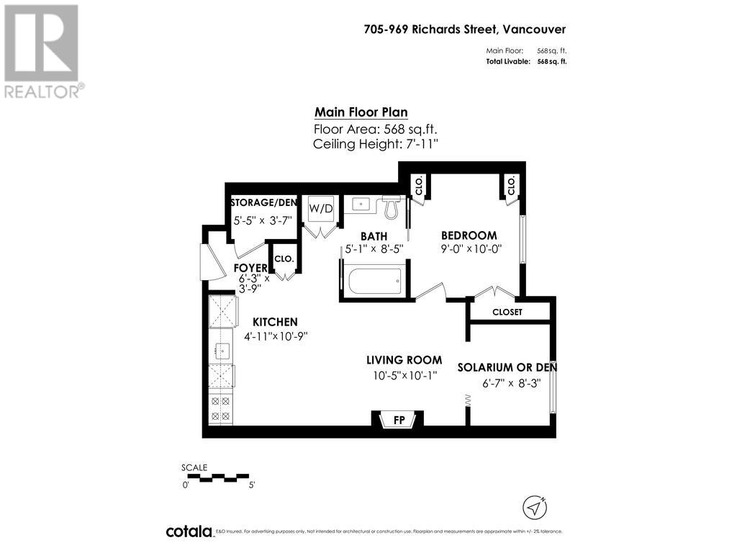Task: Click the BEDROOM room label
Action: [x=469, y=235]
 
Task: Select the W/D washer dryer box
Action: [x=321, y=209]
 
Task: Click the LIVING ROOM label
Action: [x=404, y=360]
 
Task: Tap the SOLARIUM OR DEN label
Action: [x=507, y=367]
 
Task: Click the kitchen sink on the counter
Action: [x=222, y=351]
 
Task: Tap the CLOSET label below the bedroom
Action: [x=507, y=313]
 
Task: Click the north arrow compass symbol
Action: [x=534, y=507]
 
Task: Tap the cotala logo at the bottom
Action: [x=189, y=531]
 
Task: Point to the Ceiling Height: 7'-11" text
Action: [x=376, y=144]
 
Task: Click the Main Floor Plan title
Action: [x=361, y=112]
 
